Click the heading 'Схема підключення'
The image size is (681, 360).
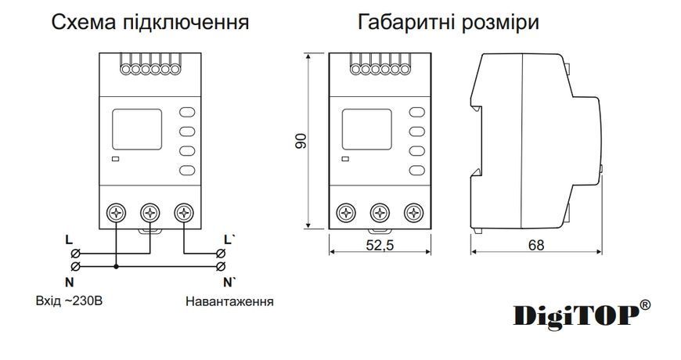[150, 22]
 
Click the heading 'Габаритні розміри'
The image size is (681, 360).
[449, 22]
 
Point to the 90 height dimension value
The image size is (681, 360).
[301, 141]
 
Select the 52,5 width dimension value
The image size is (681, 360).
[380, 246]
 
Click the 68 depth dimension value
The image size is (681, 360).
[536, 246]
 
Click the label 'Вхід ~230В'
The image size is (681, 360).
[69, 301]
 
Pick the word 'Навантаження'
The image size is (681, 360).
[229, 301]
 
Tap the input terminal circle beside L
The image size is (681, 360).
[75, 253]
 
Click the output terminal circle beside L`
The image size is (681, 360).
[221, 253]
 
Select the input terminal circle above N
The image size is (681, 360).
[75, 266]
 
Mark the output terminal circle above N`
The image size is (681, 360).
[221, 266]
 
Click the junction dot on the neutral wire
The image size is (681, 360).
[116, 266]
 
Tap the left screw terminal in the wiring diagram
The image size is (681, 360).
[116, 213]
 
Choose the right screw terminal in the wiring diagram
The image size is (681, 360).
[184, 213]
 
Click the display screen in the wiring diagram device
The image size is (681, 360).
[137, 129]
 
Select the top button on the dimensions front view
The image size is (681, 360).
[417, 112]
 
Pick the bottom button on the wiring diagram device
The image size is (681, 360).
[187, 171]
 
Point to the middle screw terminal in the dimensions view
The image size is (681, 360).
[380, 213]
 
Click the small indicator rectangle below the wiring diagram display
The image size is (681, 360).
[116, 159]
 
